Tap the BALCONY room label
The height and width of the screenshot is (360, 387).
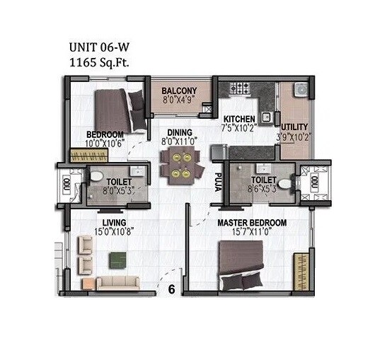pos(178,91)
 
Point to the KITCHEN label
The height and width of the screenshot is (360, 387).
pos(240,118)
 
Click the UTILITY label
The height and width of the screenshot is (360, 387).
pos(294,127)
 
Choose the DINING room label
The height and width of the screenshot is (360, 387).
pos(180,132)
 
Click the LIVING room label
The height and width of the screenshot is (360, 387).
pos(112,221)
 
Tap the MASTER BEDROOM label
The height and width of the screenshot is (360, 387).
pos(252,223)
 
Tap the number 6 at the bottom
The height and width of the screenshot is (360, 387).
pos(171,289)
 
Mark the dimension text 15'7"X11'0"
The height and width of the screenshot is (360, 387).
pos(252,232)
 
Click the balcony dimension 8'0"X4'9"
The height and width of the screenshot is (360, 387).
pos(178,100)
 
